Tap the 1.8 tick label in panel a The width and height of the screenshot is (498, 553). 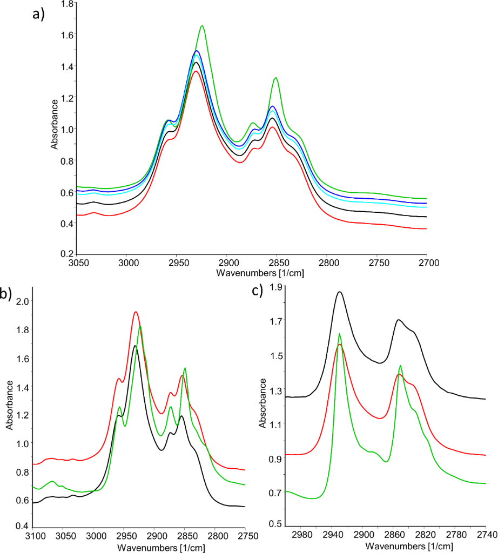[x=68, y=4]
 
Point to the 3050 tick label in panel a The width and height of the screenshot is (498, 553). [x=78, y=262]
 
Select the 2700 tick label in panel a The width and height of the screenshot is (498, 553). [x=427, y=262]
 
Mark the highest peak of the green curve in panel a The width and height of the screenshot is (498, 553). [x=203, y=25]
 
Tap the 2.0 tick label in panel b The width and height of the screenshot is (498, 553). [x=22, y=301]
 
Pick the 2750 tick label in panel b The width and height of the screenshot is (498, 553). [x=245, y=535]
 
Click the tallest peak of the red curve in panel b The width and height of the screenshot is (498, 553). [x=136, y=312]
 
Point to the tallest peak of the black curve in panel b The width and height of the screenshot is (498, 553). [x=134, y=346]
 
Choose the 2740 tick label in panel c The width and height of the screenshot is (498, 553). [x=486, y=535]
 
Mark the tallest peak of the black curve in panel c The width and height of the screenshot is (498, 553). [x=340, y=292]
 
